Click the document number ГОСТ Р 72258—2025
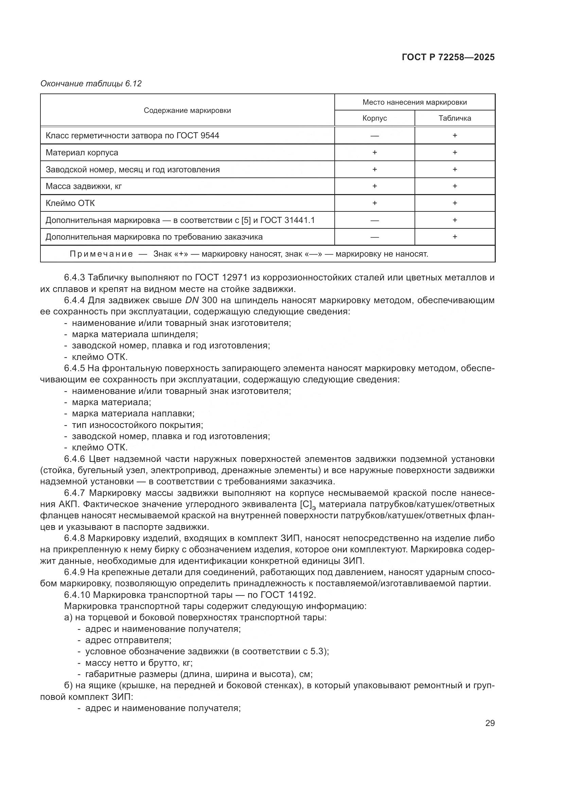(x=448, y=57)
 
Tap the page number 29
(x=490, y=723)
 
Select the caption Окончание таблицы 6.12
(x=91, y=84)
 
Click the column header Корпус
(x=374, y=118)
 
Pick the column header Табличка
(x=455, y=118)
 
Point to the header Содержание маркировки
(x=187, y=110)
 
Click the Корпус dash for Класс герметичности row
(x=374, y=135)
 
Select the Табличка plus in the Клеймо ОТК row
(x=455, y=203)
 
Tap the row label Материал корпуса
(x=82, y=152)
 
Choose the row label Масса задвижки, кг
(x=84, y=186)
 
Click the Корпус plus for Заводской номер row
(x=374, y=169)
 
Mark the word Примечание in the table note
(x=101, y=254)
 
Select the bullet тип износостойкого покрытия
(x=137, y=425)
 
